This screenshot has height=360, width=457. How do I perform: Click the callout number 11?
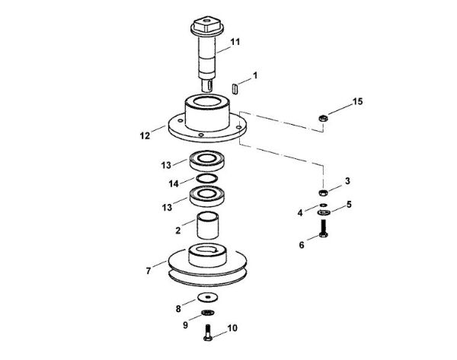(235, 41)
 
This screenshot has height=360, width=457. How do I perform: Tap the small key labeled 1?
(236, 87)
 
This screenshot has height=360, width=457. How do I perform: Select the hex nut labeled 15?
(322, 117)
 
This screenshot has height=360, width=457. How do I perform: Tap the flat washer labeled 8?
(206, 296)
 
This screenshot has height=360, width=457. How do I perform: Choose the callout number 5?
(349, 204)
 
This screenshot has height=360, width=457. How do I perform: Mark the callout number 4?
(308, 212)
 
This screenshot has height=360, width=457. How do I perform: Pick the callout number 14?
(175, 182)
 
